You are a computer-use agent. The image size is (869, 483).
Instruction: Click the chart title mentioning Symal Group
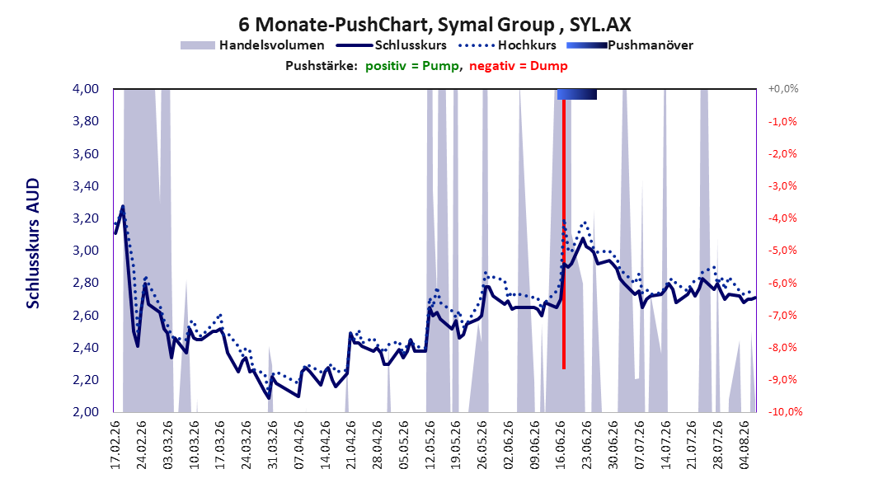pos(434,25)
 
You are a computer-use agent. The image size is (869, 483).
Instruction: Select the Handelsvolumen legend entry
pos(252,45)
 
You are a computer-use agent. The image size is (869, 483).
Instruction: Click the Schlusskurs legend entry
pos(392,45)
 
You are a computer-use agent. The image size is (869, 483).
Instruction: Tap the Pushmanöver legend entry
pos(630,45)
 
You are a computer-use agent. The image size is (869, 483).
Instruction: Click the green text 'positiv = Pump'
pos(412,66)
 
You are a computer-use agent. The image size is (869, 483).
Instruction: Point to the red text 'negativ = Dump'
pos(519,66)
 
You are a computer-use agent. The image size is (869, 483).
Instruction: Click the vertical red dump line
pos(564,234)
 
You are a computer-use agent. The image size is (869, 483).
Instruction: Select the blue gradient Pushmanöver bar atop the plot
pos(577,94)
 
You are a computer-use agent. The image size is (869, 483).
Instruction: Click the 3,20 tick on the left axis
pos(86,218)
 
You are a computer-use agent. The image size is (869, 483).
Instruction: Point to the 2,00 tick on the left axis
pos(86,411)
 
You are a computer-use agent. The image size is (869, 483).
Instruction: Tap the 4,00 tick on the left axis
pos(86,89)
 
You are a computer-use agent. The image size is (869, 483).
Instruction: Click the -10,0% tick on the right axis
pos(785,411)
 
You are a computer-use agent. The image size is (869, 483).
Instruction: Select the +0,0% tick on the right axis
pos(783,89)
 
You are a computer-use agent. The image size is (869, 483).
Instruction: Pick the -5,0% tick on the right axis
pos(782,251)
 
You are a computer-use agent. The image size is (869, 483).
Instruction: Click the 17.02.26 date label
pos(115,445)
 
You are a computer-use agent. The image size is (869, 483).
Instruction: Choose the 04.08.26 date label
pos(745,445)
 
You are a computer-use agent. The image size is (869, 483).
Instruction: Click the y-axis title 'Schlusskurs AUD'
pos(33,243)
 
